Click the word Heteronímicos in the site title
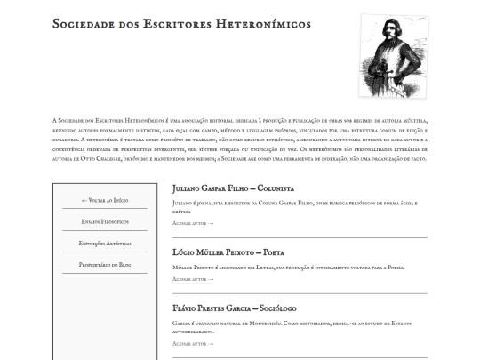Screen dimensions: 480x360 (x=263, y=24)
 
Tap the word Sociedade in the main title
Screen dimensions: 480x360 (x=86, y=24)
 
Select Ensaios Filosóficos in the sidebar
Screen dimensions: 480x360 (x=105, y=221)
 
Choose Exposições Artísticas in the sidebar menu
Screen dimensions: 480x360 (x=105, y=243)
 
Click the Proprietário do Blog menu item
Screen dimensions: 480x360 (x=105, y=264)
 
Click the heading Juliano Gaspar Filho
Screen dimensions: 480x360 (x=208, y=188)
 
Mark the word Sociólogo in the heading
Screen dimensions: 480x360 (x=276, y=308)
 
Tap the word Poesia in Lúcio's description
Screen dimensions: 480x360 (x=392, y=267)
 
